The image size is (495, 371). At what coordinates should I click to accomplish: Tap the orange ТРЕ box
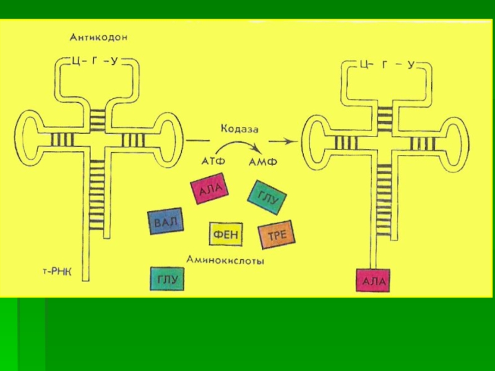click(x=276, y=235)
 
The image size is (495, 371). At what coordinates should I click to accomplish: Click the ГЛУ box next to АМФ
click(x=266, y=197)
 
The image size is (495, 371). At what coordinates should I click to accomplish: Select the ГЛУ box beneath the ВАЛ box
click(x=167, y=279)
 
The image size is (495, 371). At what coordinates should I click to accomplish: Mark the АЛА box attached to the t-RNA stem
click(x=373, y=281)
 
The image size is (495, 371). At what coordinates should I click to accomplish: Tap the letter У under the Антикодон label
click(x=114, y=60)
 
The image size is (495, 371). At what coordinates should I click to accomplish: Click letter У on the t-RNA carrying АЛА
click(x=410, y=64)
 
